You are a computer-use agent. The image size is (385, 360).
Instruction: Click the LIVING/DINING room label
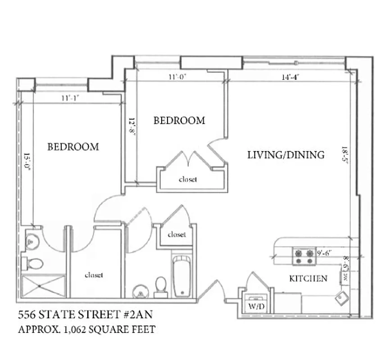[x=286, y=155]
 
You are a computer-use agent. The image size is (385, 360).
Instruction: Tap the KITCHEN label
[x=308, y=279]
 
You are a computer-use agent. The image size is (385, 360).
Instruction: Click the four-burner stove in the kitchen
[x=303, y=256]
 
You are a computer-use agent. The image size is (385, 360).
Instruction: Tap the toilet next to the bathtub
[x=161, y=287]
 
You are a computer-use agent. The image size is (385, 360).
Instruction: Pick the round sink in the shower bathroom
[x=31, y=242]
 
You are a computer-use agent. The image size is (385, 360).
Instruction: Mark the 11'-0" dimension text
[x=177, y=77]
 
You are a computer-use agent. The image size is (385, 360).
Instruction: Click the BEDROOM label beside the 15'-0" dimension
[x=73, y=147]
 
